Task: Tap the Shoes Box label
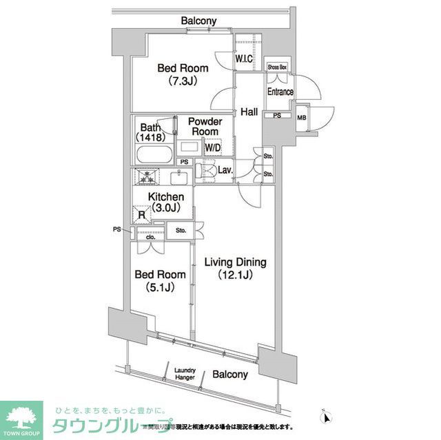pos(278,67)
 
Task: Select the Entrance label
pos(280,92)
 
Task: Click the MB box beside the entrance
pos(301,117)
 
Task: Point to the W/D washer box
pos(212,146)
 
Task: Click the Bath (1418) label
pos(151,132)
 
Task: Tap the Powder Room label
pos(205,127)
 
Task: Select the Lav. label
pos(225,169)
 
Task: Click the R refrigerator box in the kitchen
pos(142,214)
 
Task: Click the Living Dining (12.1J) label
pos(234,269)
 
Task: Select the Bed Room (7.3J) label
pos(178,74)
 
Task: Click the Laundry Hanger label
pos(185,373)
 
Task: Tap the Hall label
pos(249,112)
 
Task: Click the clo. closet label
pos(150,238)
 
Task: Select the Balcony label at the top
pos(198,21)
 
